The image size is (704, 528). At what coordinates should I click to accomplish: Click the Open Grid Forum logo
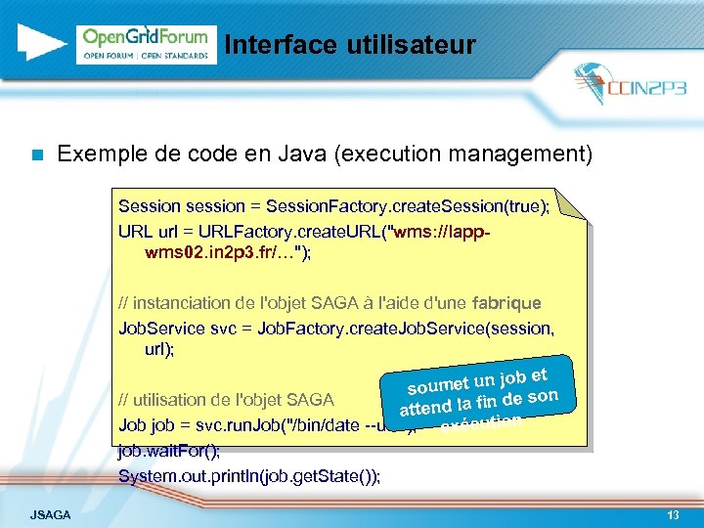pos(146,44)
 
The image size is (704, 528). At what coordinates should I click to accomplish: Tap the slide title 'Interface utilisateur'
pos(349,45)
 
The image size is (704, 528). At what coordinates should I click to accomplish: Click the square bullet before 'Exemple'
pos(36,154)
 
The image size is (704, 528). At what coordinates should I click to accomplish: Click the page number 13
pos(672,514)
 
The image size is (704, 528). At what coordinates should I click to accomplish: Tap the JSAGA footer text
pos(50,514)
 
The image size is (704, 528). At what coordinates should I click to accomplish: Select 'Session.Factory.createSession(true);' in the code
pos(408,206)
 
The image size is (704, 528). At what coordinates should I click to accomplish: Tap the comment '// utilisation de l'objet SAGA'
pos(226,400)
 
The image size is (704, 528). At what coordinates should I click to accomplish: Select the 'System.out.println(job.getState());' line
pos(249,476)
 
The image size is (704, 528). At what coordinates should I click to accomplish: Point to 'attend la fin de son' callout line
pos(478,401)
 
